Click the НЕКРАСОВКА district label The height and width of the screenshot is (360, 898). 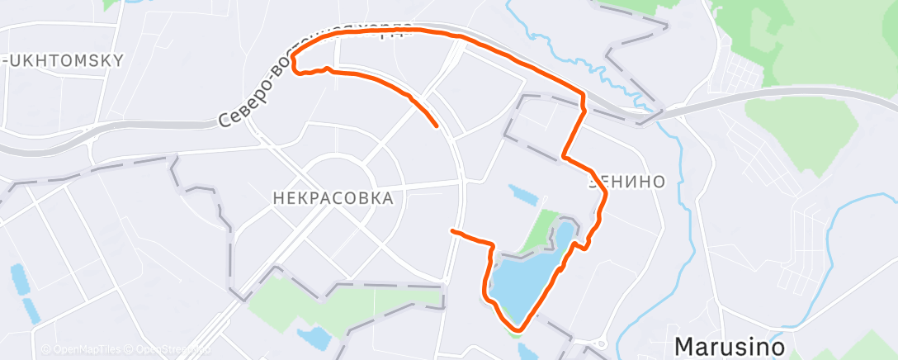click(x=333, y=198)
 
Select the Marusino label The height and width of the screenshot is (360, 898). click(x=729, y=346)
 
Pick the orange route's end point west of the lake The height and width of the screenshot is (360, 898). click(x=451, y=231)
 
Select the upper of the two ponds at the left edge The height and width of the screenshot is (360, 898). click(x=17, y=278)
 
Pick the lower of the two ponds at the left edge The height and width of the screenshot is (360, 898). click(x=30, y=310)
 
